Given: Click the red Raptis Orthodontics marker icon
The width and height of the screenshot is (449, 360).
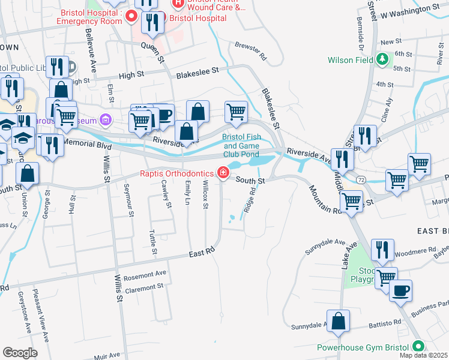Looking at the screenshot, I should click(x=223, y=173).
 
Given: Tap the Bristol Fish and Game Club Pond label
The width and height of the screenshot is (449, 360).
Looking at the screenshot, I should click(x=242, y=145).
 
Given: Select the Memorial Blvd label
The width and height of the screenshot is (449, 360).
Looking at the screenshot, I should click(x=87, y=145).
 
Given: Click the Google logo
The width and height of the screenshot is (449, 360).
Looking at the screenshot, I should click(x=20, y=353).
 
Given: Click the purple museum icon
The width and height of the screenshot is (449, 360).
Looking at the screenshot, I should click(x=107, y=119).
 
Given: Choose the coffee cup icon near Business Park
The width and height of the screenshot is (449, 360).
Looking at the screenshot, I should click(x=401, y=292).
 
